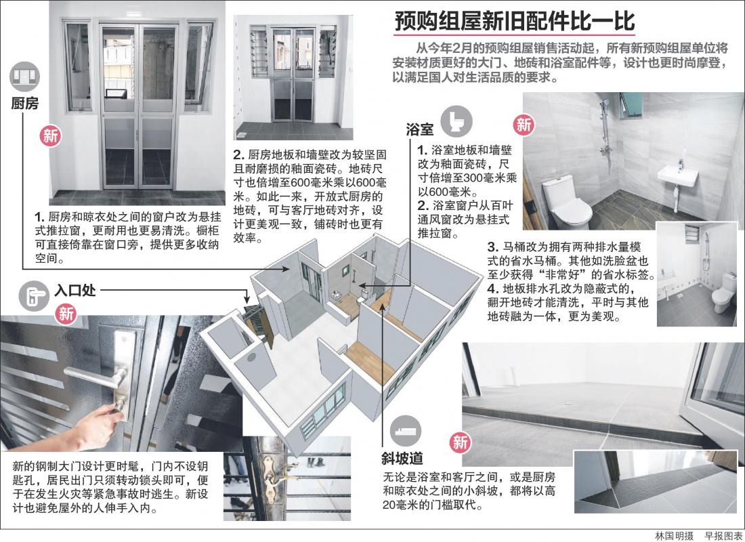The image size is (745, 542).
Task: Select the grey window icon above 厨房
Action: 24,75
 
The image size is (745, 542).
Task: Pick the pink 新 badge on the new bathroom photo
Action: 524,124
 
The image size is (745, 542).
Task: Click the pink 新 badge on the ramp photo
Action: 460,443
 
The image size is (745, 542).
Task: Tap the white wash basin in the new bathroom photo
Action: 679,175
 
